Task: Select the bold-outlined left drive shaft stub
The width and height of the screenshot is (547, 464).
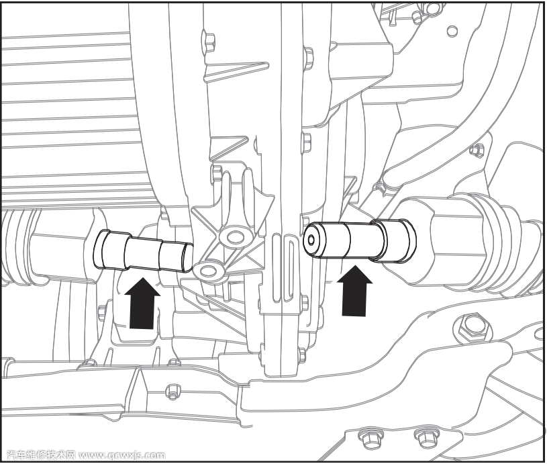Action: click(x=145, y=249)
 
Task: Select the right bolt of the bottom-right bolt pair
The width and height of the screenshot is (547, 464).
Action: click(x=424, y=438)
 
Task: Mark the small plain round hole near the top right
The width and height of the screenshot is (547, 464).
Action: click(x=452, y=30)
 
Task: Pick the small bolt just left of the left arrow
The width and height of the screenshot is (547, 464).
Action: click(x=103, y=311)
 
